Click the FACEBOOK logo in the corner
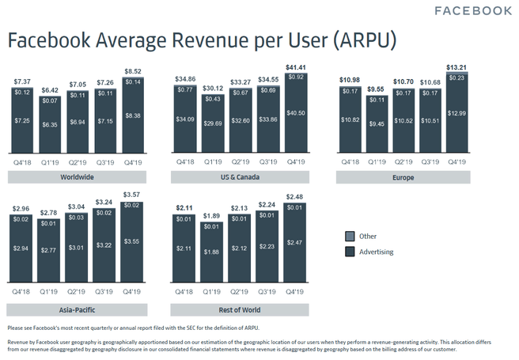click(473, 10)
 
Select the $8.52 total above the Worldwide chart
click(132, 71)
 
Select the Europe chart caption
click(404, 176)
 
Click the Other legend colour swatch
click(350, 236)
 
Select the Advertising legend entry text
click(377, 252)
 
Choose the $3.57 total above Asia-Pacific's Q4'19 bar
click(132, 195)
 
